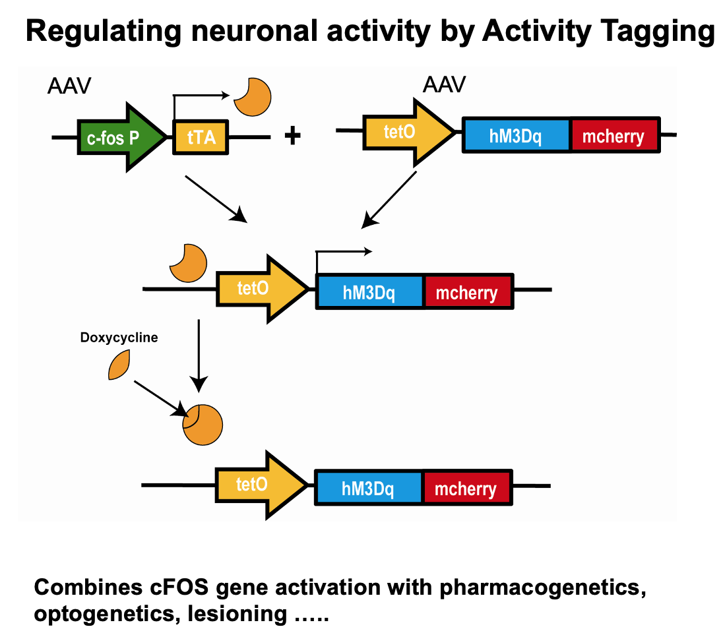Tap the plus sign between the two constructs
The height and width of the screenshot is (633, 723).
(x=292, y=136)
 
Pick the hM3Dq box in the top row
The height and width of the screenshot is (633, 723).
(x=517, y=136)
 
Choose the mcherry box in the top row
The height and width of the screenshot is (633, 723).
(x=614, y=136)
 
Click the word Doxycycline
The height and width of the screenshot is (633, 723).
(x=119, y=338)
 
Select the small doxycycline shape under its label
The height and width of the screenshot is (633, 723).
(x=119, y=365)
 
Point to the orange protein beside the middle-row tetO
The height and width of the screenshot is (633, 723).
(x=188, y=262)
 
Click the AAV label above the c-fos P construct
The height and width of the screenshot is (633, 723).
(x=69, y=86)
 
